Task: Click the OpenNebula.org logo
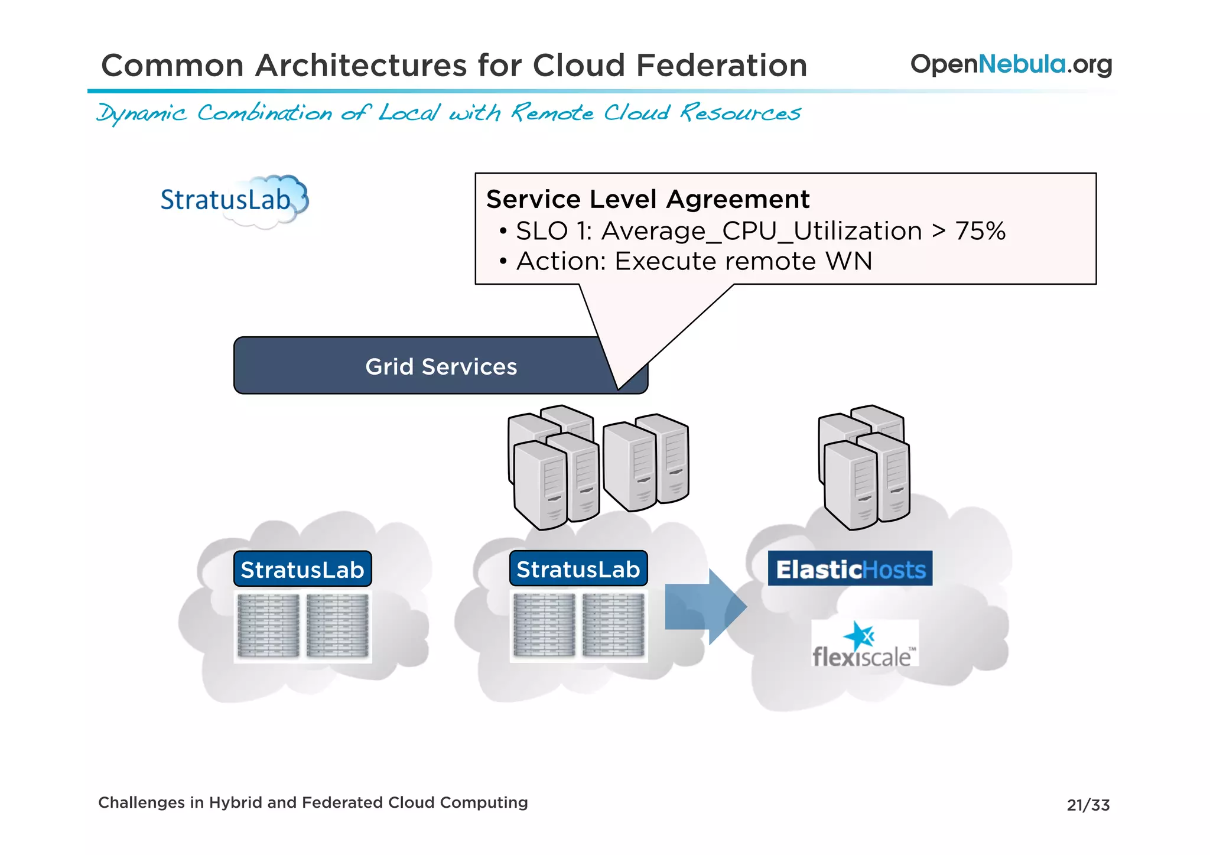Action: click(x=1010, y=64)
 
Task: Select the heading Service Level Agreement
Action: click(x=648, y=199)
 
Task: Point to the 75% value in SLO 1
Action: click(x=980, y=231)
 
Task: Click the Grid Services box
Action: click(x=414, y=366)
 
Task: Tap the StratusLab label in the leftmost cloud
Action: click(x=302, y=570)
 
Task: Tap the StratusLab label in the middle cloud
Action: click(x=578, y=569)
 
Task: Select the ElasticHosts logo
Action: click(x=850, y=569)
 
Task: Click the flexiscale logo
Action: click(x=864, y=645)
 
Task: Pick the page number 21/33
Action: click(x=1088, y=805)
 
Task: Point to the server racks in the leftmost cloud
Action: click(x=302, y=626)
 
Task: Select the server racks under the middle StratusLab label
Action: click(x=578, y=626)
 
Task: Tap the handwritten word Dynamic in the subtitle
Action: click(x=142, y=113)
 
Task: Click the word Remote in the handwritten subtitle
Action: click(x=552, y=112)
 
